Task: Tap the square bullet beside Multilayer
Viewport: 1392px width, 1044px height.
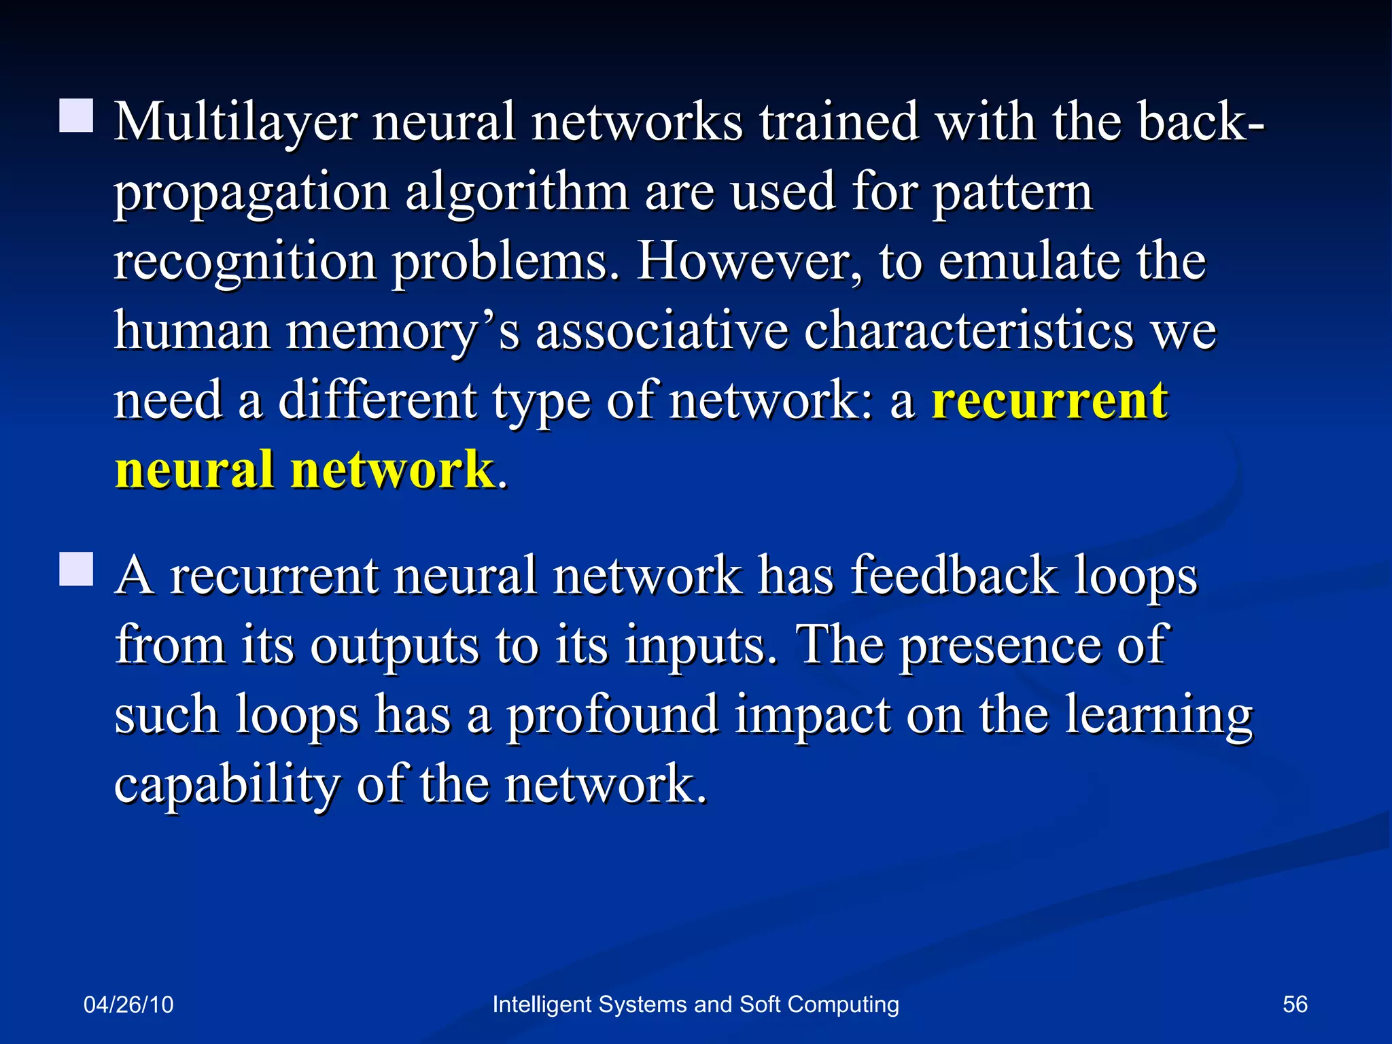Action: tap(76, 116)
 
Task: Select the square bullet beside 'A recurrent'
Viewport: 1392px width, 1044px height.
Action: tap(76, 569)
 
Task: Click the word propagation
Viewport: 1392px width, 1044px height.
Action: tap(251, 194)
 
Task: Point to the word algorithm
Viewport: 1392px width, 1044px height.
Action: tap(517, 193)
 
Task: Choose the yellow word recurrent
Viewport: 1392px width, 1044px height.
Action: tap(1049, 402)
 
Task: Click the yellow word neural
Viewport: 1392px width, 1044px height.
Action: tap(194, 470)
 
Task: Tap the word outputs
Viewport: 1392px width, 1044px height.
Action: tap(394, 646)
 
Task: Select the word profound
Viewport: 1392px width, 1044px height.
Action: tap(612, 715)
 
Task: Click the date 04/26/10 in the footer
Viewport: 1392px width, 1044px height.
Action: tap(128, 1005)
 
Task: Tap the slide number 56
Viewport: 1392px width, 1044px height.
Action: tap(1295, 1005)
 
